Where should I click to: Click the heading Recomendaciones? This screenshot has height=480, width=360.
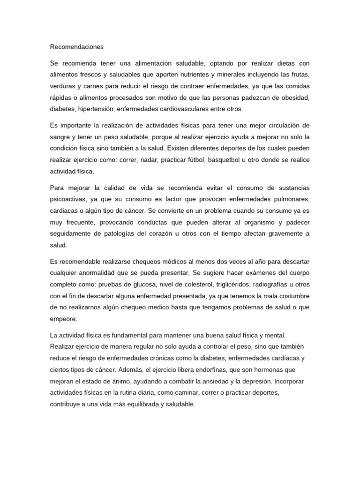76,47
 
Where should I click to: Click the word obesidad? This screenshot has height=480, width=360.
295,97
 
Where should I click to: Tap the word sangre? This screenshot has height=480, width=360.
60,137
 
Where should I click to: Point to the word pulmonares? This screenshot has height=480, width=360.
290,199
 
